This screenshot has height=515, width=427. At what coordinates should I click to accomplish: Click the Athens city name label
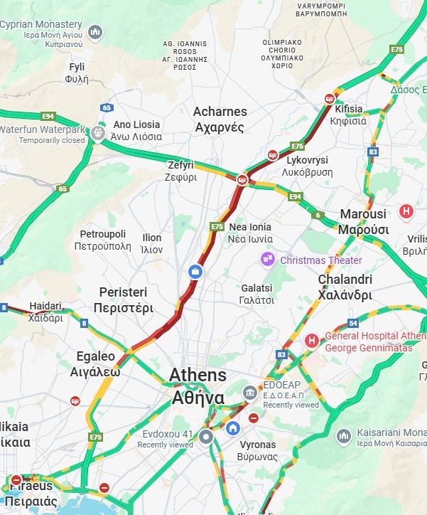tap(198, 386)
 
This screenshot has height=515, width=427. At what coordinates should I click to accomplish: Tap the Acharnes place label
tap(220, 120)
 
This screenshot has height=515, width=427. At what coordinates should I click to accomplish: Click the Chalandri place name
tap(345, 287)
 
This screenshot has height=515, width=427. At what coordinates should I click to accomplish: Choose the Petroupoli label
tap(102, 240)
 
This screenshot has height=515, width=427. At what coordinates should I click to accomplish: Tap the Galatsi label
tap(256, 294)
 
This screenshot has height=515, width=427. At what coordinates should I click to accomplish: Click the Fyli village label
tap(77, 73)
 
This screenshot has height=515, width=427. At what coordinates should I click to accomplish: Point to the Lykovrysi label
tap(307, 166)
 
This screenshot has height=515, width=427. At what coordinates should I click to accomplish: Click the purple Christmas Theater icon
tap(268, 260)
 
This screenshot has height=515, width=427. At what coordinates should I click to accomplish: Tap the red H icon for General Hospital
tap(310, 341)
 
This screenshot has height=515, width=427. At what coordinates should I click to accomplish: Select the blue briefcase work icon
tap(195, 271)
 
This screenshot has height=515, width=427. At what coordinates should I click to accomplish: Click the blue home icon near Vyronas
tap(233, 428)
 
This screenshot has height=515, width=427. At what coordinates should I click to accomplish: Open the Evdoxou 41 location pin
tap(206, 436)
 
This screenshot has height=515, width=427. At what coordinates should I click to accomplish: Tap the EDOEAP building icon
tap(250, 393)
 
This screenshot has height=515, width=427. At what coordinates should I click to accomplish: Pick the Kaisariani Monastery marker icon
tap(344, 435)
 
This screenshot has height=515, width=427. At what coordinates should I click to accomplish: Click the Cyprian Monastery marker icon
tap(95, 31)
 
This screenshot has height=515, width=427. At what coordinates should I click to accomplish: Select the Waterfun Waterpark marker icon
tap(98, 133)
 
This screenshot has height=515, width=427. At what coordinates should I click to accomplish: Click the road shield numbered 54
tap(353, 324)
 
